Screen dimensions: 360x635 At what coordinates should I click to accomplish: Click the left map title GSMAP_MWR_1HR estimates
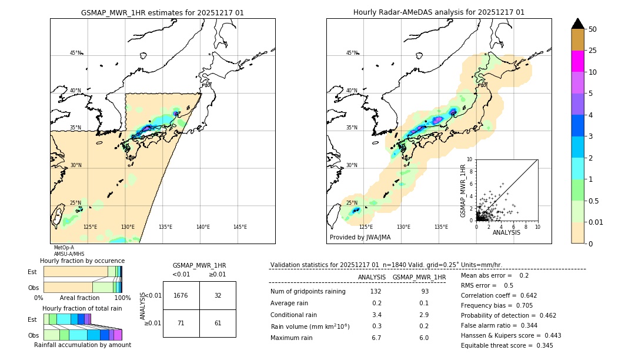[162, 12]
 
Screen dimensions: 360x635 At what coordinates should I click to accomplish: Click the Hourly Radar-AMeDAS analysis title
[439, 12]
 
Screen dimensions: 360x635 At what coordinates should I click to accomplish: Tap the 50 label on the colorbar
[593, 29]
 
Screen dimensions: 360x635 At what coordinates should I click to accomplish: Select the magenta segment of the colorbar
[577, 61]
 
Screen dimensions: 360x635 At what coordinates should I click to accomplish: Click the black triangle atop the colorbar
[577, 24]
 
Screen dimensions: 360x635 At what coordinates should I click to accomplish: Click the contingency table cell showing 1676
[181, 295]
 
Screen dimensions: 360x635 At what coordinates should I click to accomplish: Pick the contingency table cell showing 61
[218, 323]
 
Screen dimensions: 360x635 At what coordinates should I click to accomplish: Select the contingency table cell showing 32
[218, 295]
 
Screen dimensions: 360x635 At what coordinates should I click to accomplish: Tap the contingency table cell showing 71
[181, 323]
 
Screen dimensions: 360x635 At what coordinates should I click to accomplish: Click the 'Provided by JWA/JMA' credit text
[360, 238]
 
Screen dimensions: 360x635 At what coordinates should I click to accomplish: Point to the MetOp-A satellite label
[64, 248]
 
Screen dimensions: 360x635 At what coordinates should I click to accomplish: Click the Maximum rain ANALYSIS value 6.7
[376, 338]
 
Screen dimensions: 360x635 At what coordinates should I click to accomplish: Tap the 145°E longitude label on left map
[240, 227]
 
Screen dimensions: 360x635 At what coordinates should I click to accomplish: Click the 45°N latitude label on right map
[352, 53]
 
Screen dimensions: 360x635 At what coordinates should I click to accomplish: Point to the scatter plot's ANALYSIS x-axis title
[506, 232]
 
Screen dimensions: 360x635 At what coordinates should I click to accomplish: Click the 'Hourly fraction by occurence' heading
[82, 261]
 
